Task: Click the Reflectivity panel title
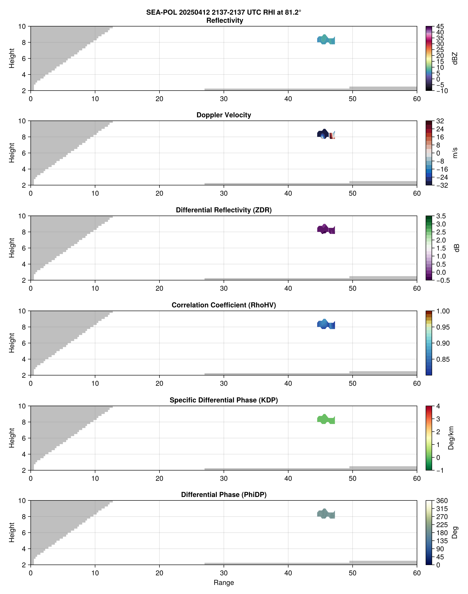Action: [x=225, y=21]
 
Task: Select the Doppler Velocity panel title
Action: [x=224, y=115]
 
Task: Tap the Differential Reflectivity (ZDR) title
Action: [x=224, y=210]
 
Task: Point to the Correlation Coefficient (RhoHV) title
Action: [x=224, y=305]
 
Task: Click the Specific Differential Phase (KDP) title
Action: [x=224, y=400]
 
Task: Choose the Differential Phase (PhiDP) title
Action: [x=224, y=495]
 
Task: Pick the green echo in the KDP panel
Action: [x=326, y=419]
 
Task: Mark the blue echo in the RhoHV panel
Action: [x=326, y=324]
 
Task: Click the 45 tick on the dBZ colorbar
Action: [x=440, y=26]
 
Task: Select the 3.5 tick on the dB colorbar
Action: [x=441, y=216]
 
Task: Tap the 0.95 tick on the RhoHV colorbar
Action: [x=442, y=327]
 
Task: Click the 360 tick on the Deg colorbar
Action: [x=442, y=501]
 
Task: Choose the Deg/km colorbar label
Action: [x=451, y=438]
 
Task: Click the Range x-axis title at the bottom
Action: [x=224, y=583]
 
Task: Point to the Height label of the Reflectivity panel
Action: [x=11, y=58]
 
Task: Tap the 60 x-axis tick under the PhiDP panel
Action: [x=417, y=573]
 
